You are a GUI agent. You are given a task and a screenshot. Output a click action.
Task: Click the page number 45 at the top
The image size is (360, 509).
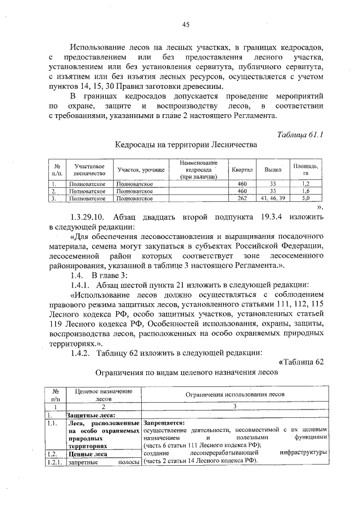coord(186,24)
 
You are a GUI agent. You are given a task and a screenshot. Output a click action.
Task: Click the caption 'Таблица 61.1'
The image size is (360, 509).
coord(300,133)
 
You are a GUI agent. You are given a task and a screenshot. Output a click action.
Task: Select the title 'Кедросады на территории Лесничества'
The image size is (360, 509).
coord(186,145)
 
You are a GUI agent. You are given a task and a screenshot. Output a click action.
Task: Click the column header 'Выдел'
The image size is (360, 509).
coord(273,169)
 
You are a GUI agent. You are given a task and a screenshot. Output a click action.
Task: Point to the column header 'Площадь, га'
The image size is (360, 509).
coord(306,169)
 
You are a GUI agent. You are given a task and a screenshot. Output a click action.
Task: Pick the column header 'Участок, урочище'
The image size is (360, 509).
coord(141,169)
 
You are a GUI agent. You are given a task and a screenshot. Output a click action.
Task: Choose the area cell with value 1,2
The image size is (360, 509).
coord(306,184)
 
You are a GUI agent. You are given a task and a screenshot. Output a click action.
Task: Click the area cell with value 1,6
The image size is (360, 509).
coord(306,191)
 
